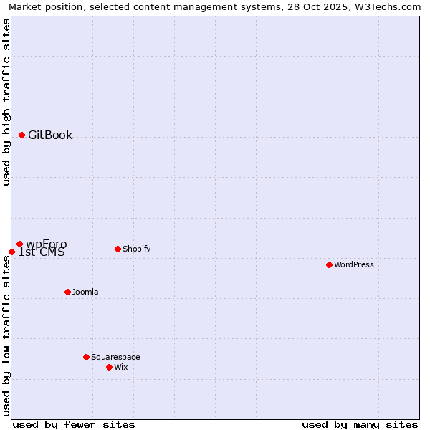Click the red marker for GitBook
(x=21, y=135)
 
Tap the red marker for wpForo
(x=19, y=244)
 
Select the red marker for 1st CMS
(x=11, y=252)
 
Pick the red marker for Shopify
(x=118, y=249)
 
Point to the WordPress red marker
(x=329, y=264)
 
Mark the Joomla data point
(x=67, y=292)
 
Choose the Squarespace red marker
(x=86, y=357)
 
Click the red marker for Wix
(x=109, y=367)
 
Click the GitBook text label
(x=50, y=135)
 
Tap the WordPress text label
(x=354, y=264)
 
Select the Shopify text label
(x=137, y=249)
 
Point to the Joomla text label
(x=85, y=292)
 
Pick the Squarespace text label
(x=115, y=357)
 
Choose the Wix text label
(x=121, y=367)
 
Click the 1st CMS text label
(x=42, y=252)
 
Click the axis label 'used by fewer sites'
(x=74, y=424)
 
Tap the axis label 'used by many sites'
(x=360, y=424)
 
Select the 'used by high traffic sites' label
(x=6, y=102)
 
